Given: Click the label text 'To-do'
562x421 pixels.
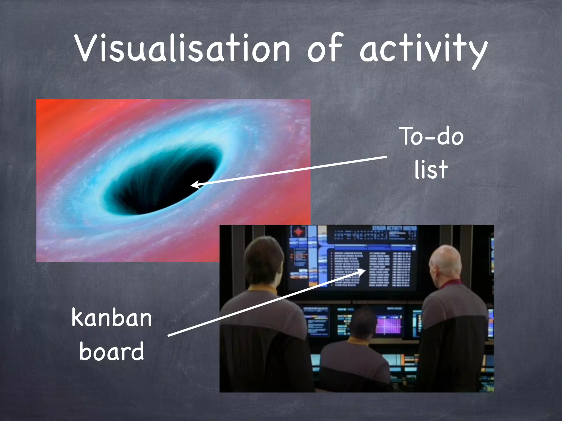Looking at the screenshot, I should (x=432, y=136).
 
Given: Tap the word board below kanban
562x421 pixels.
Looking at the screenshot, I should (x=111, y=351).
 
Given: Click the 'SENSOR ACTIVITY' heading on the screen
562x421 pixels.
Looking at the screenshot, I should (x=394, y=228).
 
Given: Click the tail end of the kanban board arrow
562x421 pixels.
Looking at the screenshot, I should (x=169, y=335).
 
